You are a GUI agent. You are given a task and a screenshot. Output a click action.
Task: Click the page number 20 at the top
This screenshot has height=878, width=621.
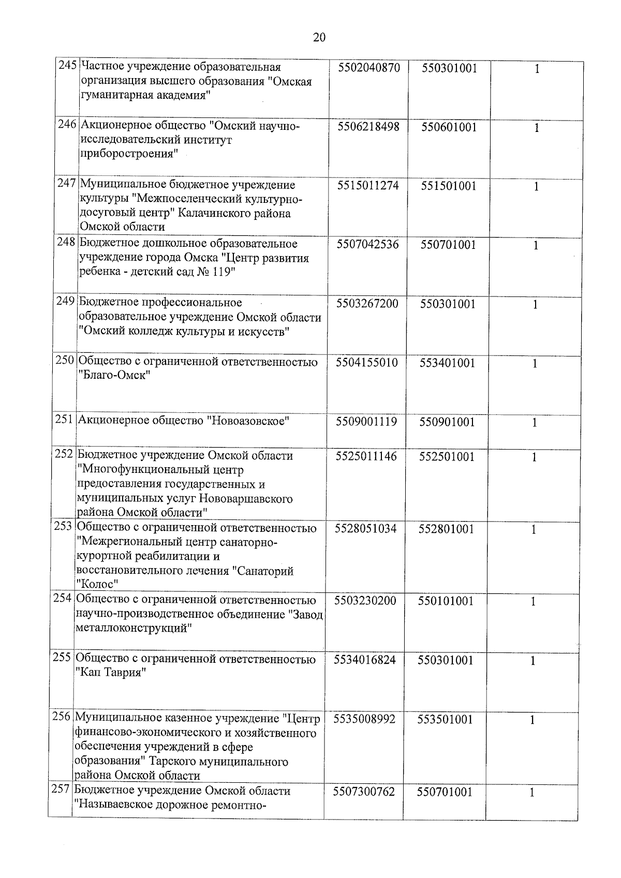pos(319,37)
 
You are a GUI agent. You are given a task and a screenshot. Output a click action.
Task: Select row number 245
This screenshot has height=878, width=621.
pos(68,67)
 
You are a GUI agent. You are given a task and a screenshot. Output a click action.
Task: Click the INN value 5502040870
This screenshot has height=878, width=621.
pos(369,68)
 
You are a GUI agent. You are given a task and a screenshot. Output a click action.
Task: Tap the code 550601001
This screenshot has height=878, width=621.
pos(449,127)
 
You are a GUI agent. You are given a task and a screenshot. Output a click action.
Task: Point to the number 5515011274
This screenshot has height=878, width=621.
pos(368,186)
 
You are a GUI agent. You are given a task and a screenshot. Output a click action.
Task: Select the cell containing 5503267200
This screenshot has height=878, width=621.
pos(367,304)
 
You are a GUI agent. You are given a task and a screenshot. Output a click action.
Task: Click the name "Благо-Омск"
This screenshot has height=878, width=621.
pos(114,376)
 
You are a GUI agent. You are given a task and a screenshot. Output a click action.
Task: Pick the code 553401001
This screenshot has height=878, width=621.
pos(447,363)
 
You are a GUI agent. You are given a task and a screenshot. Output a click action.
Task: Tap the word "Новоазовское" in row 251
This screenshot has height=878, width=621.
pos(247,421)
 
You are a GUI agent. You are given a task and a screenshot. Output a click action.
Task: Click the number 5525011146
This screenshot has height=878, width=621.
pos(366,456)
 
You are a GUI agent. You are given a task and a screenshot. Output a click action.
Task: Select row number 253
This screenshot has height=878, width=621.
pos(63,527)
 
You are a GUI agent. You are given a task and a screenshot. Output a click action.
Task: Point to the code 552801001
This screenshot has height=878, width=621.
pos(446,529)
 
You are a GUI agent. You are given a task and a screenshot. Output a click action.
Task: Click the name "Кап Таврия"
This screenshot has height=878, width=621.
pos(111,674)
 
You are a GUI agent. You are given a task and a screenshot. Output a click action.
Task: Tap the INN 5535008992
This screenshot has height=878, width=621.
pos(364,719)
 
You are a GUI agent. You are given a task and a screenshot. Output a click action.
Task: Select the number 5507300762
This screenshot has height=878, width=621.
pos(364,792)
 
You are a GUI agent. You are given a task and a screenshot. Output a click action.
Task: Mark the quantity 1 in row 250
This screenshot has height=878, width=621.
pos(535,364)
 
